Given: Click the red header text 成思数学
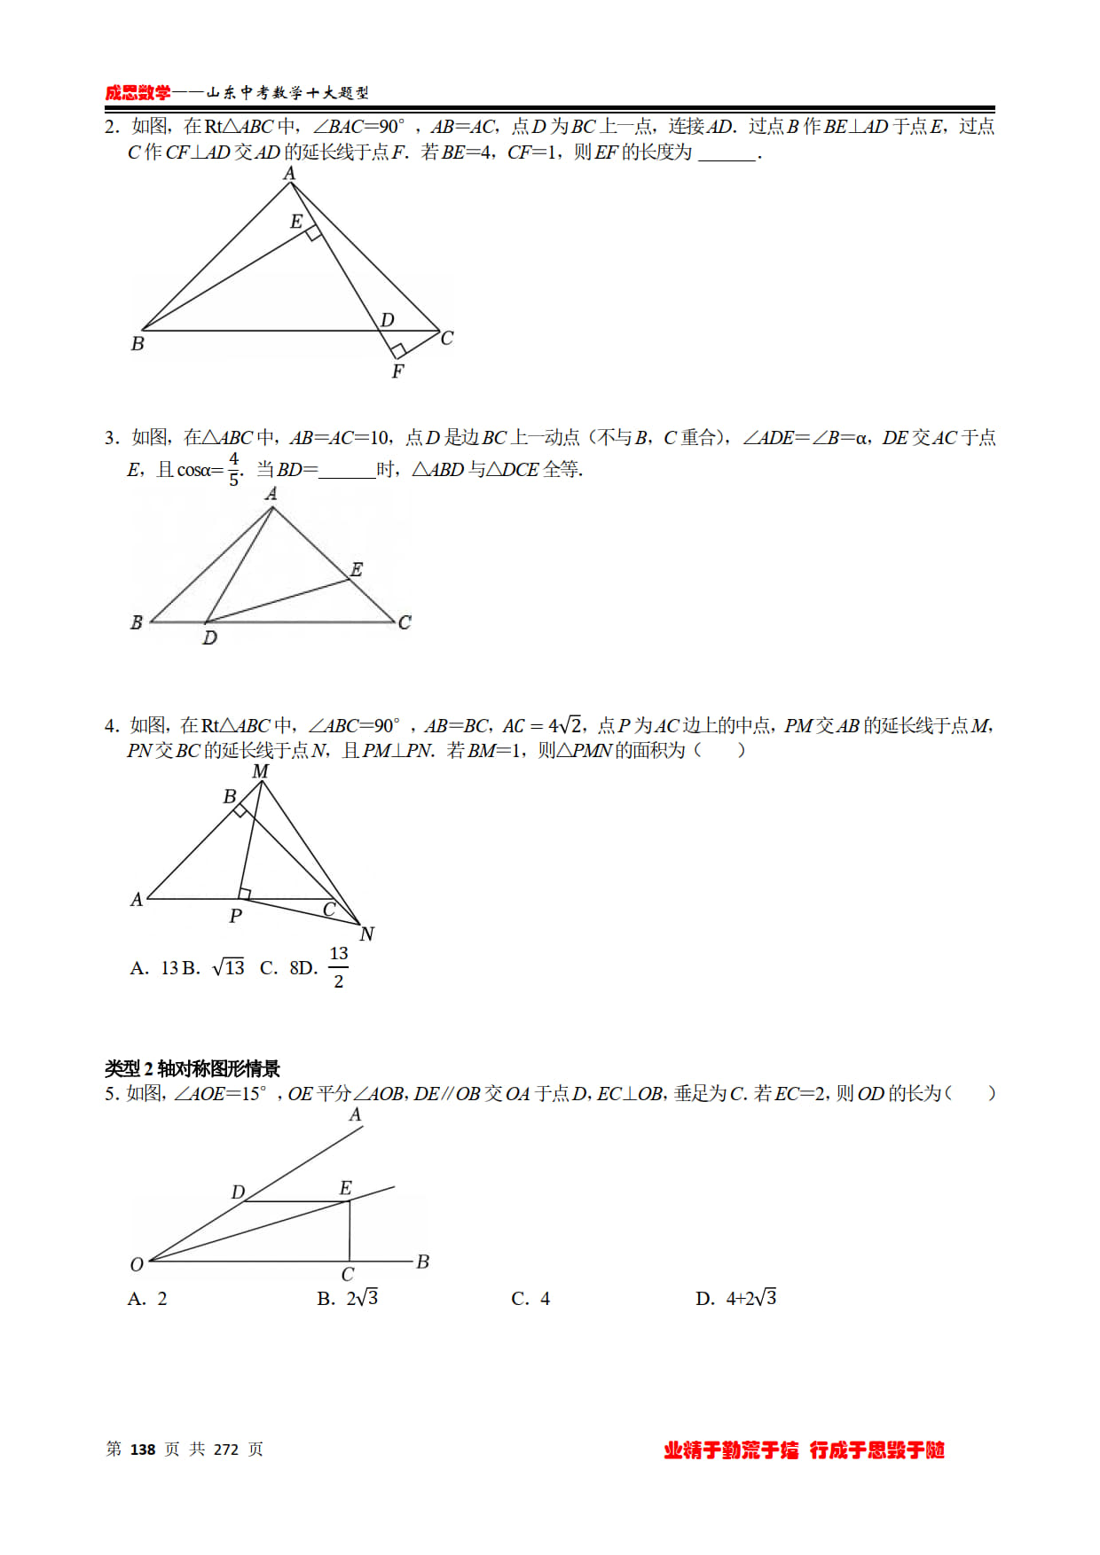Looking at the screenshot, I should point(137,93).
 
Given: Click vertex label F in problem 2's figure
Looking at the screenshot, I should point(397,371).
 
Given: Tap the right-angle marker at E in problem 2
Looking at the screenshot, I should point(313,233).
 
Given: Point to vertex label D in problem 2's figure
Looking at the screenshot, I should point(388,319).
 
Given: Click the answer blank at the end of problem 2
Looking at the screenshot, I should point(727,154).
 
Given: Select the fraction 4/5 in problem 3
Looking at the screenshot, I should point(233,469).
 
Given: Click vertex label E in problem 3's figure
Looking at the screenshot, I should point(357,569).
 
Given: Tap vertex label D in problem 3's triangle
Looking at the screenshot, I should point(209,637).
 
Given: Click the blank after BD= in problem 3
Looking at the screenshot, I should point(347,471).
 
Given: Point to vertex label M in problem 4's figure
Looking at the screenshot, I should point(260,771).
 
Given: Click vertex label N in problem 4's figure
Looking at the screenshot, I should point(366,934).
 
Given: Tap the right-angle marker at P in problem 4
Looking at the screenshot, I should point(245,894).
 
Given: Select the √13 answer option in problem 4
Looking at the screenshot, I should point(229,967).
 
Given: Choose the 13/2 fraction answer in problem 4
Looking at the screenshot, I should point(338,967).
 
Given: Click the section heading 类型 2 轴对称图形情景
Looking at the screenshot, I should point(192,1068).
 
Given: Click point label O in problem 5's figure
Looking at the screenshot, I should point(137,1264).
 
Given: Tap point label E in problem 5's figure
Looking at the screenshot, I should point(346,1188).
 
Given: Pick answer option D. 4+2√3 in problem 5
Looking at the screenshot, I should point(736,1299).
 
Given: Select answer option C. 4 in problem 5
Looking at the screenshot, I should point(530,1299).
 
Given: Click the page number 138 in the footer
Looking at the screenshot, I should point(143,1450).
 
